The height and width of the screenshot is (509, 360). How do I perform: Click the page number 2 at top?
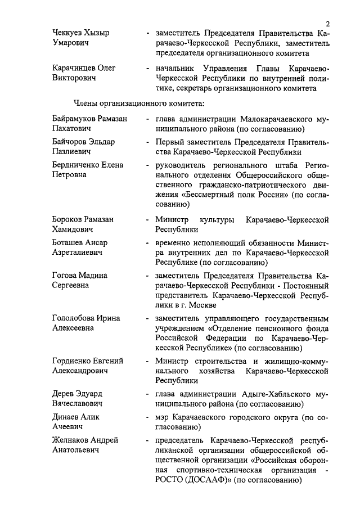tap(327, 22)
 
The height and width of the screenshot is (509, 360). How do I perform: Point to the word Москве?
tap(201, 305)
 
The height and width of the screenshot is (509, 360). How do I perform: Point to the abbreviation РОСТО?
tap(170, 480)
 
